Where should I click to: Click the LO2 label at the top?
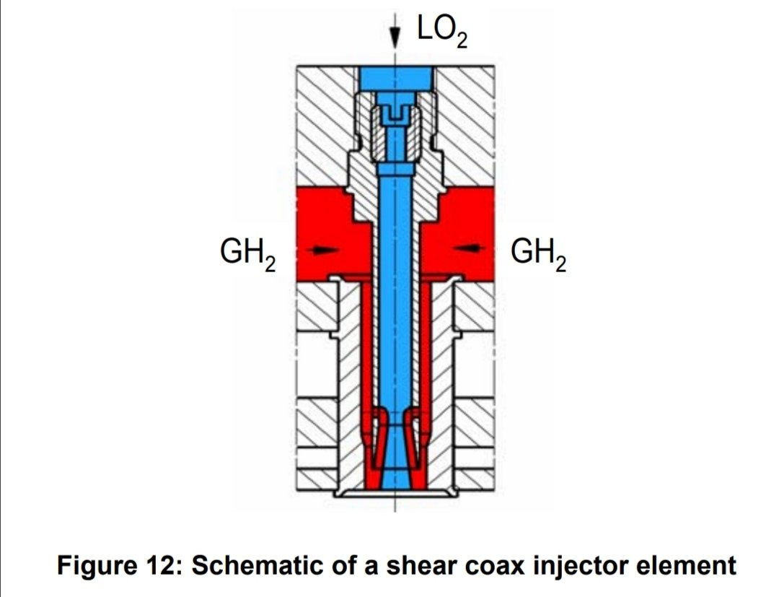tap(441, 31)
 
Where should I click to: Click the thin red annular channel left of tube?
tap(366, 347)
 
